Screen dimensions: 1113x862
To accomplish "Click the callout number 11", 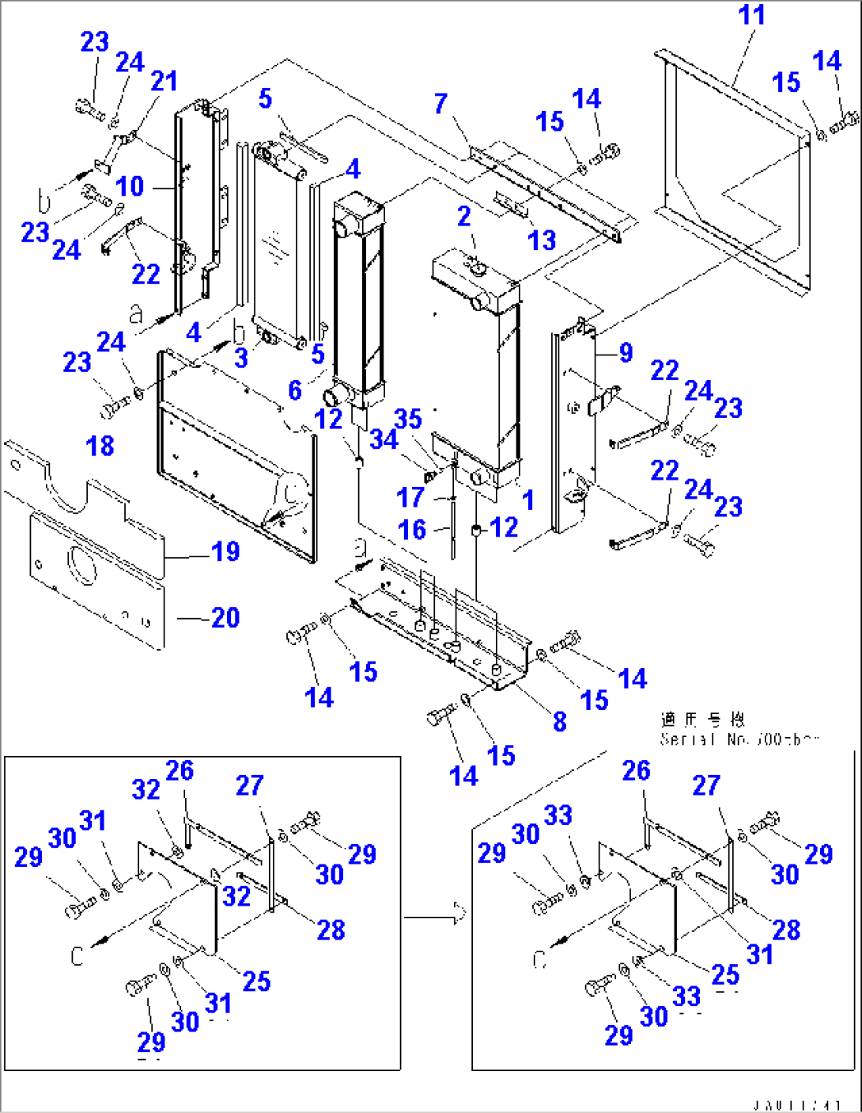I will pos(751,15).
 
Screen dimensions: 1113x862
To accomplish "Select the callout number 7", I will pos(440,104).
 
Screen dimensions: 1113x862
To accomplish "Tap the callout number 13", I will pos(542,241).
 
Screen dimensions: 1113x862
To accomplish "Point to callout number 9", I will pos(626,352).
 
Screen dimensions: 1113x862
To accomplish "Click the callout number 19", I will pos(225,552).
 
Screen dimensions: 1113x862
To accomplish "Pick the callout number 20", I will pos(225,617).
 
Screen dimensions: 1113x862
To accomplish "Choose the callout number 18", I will pos(100,446).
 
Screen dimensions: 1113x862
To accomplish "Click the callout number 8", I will pos(560,721).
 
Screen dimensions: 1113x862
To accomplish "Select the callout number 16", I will pos(412,530).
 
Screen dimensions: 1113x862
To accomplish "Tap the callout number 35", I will pos(408,419).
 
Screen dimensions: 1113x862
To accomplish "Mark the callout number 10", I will pos(130,187).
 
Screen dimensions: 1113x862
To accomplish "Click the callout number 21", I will pos(164,81).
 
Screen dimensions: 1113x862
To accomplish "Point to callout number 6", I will pos(295,389).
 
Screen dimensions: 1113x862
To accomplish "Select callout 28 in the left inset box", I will pos(331,929).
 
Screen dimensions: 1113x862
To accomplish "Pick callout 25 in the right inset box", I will pos(724,974).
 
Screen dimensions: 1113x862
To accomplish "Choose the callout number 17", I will pos(410,498).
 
